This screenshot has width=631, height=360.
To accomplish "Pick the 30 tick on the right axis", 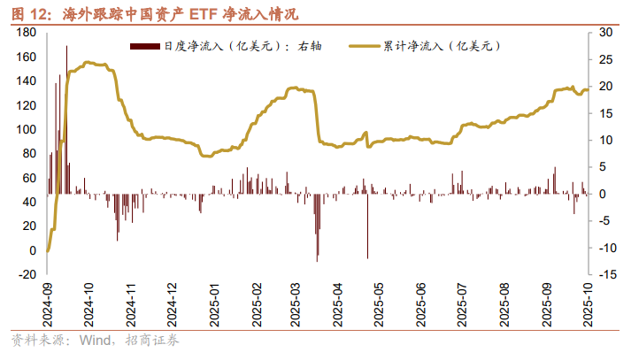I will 605,32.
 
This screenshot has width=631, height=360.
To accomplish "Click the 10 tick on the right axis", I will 605,140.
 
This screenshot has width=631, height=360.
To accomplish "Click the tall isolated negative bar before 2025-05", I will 367,226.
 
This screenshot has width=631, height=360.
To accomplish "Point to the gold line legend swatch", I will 370,45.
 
